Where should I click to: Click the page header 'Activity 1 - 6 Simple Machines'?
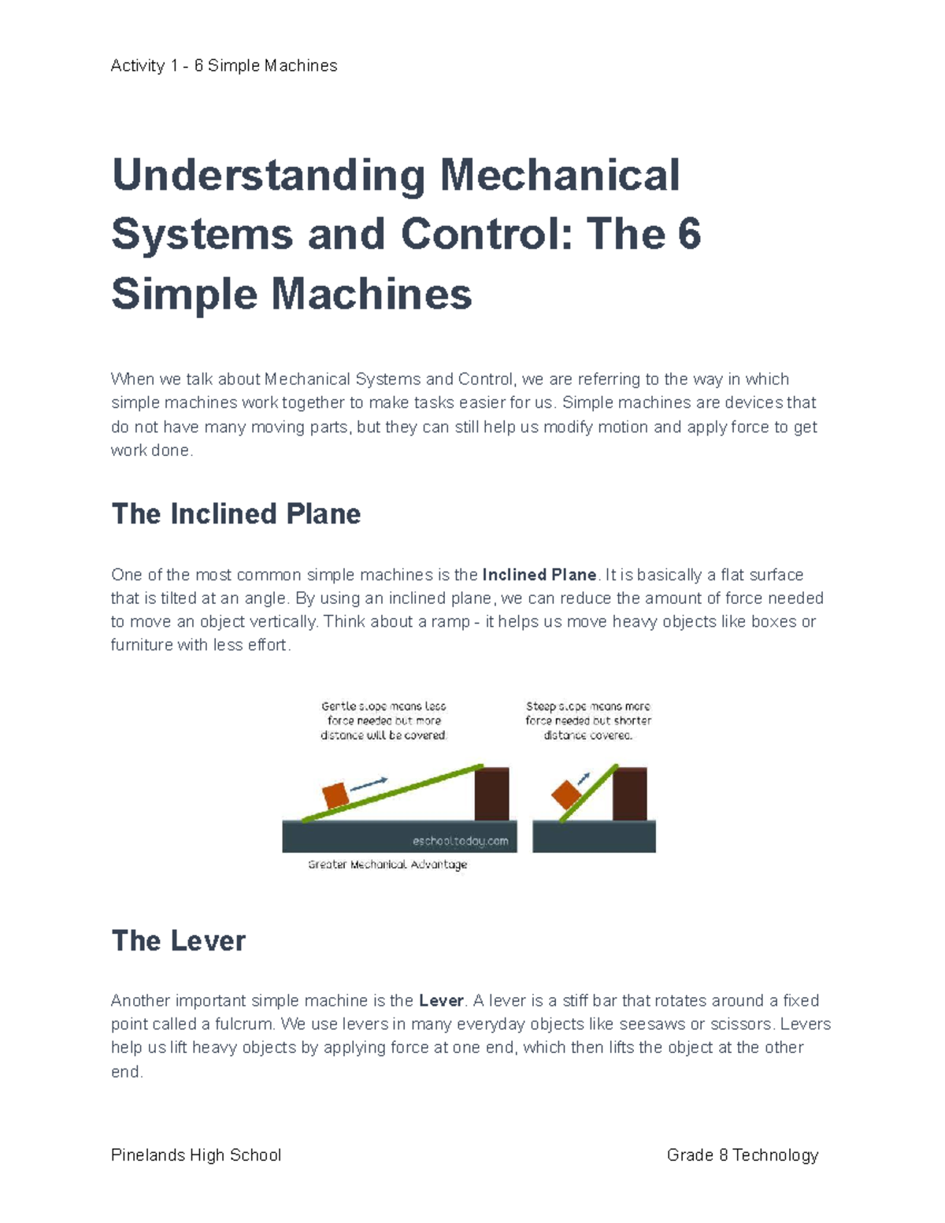[x=224, y=66]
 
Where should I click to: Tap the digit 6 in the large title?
[x=687, y=235]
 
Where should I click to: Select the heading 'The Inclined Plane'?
[x=235, y=514]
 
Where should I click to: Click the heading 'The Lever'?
[x=178, y=940]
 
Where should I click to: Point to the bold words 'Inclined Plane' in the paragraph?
[x=539, y=575]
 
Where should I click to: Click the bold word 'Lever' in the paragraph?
[x=441, y=1001]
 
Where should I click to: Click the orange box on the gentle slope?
[x=335, y=795]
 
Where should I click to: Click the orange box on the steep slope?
[x=565, y=795]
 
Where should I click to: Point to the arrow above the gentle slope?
[x=369, y=784]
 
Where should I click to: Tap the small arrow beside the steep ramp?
[x=584, y=778]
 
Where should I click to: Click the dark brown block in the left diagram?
[x=491, y=794]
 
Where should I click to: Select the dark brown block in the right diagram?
[x=629, y=794]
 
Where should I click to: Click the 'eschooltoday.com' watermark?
[x=460, y=841]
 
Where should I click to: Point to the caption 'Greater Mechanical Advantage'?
[x=387, y=865]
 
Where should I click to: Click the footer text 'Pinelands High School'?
[x=196, y=1155]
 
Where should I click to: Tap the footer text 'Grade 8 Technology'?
[x=742, y=1155]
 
